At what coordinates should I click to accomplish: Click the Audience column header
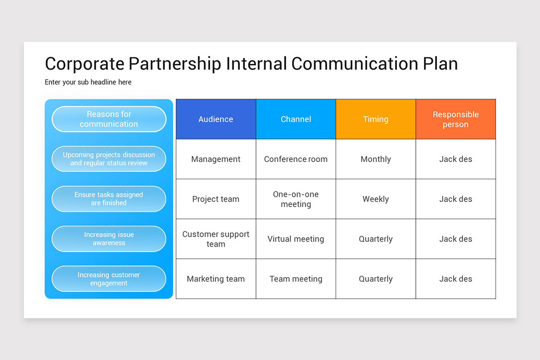pyautogui.click(x=216, y=119)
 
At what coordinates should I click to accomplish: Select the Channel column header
pyautogui.click(x=296, y=119)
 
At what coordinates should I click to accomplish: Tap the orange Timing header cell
pyautogui.click(x=376, y=119)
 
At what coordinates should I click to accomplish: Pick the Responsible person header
pyautogui.click(x=455, y=119)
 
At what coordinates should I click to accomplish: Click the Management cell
pyautogui.click(x=216, y=159)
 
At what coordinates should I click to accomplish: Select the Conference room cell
pyautogui.click(x=296, y=159)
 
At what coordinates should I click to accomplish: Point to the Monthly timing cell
pyautogui.click(x=376, y=159)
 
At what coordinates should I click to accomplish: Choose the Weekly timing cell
pyautogui.click(x=376, y=199)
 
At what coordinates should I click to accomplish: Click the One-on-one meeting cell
pyautogui.click(x=296, y=199)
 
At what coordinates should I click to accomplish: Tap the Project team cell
pyautogui.click(x=216, y=199)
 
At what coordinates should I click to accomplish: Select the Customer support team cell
pyautogui.click(x=216, y=239)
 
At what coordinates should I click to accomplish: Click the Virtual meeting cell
pyautogui.click(x=296, y=239)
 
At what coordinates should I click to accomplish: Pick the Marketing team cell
pyautogui.click(x=216, y=279)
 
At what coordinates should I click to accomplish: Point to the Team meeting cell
pyautogui.click(x=296, y=279)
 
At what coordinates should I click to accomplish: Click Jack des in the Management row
pyautogui.click(x=455, y=159)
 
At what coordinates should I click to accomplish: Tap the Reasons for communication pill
pyautogui.click(x=109, y=119)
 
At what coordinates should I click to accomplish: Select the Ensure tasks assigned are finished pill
pyautogui.click(x=109, y=199)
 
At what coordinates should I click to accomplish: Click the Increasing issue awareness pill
pyautogui.click(x=109, y=239)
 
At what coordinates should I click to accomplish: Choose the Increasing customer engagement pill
pyautogui.click(x=109, y=279)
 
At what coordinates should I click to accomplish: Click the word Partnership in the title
pyautogui.click(x=175, y=63)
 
